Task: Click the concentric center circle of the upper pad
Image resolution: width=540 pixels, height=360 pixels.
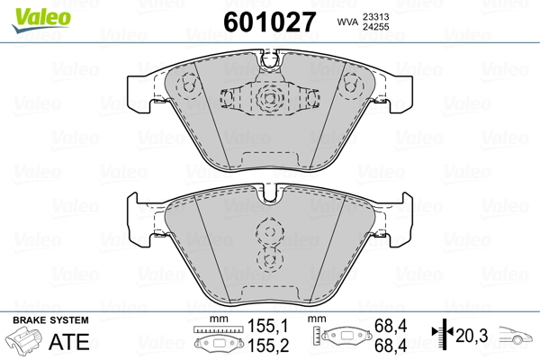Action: coord(267,99)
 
